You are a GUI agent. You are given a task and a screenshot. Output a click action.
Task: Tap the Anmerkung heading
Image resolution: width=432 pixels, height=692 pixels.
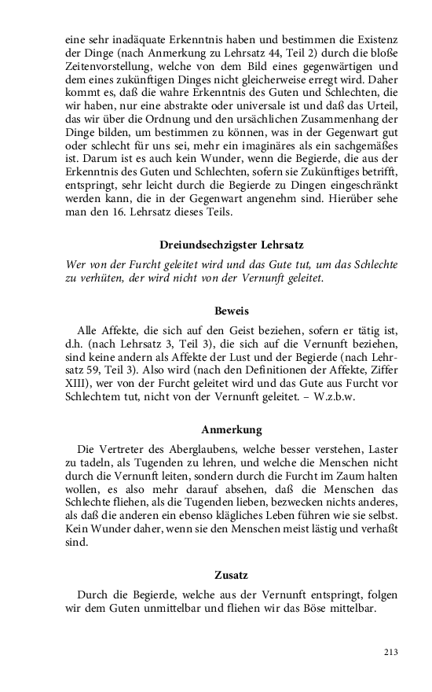point(232,430)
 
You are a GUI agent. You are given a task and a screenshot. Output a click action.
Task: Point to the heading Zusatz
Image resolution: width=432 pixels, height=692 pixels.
point(232,575)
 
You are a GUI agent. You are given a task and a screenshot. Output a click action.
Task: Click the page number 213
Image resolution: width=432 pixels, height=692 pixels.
point(391,652)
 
